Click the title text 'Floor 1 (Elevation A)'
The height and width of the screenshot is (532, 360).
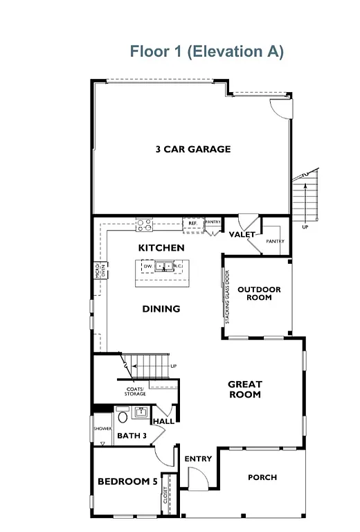206,52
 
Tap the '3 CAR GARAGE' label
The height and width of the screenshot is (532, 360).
192,149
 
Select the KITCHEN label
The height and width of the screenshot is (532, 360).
161,247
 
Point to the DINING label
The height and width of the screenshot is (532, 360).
161,309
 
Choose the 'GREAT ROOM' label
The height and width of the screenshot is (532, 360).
245,389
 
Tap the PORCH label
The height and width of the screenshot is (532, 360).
262,477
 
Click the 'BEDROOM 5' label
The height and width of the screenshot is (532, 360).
127,481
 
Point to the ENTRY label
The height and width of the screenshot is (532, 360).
198,459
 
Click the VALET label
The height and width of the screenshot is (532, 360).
242,235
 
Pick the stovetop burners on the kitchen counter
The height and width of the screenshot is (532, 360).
144,224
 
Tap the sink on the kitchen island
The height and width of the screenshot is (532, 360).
164,265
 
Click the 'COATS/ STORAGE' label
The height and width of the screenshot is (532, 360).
135,391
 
